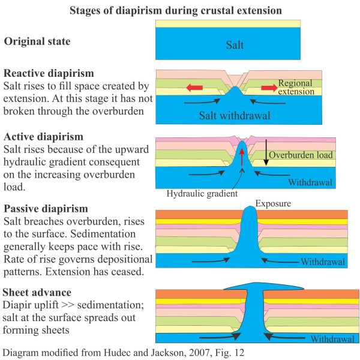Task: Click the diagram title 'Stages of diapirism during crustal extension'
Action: point(176,11)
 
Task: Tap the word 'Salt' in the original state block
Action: point(235,45)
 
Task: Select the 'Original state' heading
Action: point(37,41)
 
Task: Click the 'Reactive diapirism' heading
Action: point(49,73)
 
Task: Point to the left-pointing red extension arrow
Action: point(194,88)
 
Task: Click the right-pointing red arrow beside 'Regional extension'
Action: point(269,88)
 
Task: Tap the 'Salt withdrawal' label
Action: point(235,115)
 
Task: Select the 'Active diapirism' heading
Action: point(43,137)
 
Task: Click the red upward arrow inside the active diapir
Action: point(242,157)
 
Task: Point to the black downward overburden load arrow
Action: point(266,152)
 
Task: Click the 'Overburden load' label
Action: point(301,155)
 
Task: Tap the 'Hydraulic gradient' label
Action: point(202,194)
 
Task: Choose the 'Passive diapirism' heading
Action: point(46,209)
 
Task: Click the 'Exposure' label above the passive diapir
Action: point(273,203)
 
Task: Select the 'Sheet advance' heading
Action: point(37,293)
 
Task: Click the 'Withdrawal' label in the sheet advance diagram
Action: point(332,339)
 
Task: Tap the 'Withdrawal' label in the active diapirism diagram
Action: point(310,182)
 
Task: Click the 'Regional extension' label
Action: point(296,87)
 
